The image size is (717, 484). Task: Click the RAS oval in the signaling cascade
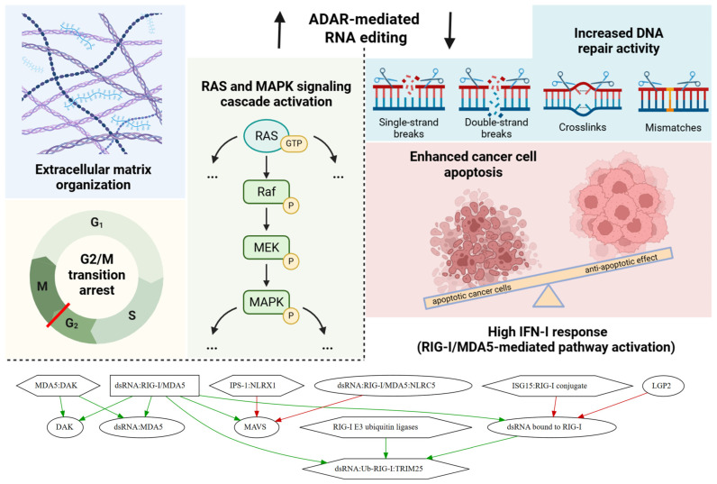pyautogui.click(x=266, y=135)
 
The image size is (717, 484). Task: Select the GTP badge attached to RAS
pyautogui.click(x=294, y=143)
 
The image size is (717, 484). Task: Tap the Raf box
pyautogui.click(x=266, y=192)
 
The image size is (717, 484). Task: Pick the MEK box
pyautogui.click(x=266, y=248)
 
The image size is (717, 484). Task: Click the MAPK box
pyautogui.click(x=266, y=302)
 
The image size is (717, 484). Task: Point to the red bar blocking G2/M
pyautogui.click(x=59, y=315)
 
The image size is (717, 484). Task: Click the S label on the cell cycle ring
pyautogui.click(x=132, y=315)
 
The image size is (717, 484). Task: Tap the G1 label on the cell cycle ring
pyautogui.click(x=96, y=223)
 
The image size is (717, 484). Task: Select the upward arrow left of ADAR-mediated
pyautogui.click(x=279, y=29)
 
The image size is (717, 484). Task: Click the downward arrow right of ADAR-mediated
pyautogui.click(x=450, y=30)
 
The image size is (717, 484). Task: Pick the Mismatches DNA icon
pyautogui.click(x=673, y=93)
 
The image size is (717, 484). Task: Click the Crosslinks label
pyautogui.click(x=583, y=127)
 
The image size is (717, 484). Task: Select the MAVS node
pyautogui.click(x=256, y=427)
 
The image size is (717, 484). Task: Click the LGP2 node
pyautogui.click(x=662, y=386)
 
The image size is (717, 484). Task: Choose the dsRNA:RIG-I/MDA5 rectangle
pyautogui.click(x=155, y=386)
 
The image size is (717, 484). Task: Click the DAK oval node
pyautogui.click(x=65, y=427)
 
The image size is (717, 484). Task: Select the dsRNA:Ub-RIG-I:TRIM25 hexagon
pyautogui.click(x=386, y=469)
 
